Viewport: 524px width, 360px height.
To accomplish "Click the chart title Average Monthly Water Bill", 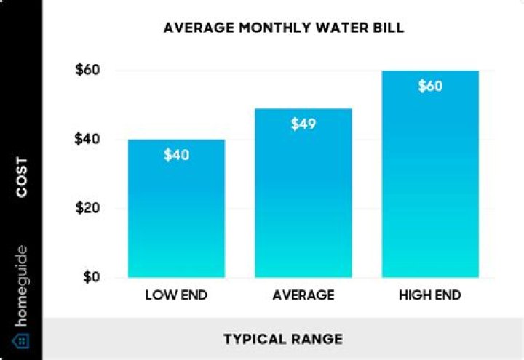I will point(283,29).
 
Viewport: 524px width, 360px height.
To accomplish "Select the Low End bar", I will point(177,218).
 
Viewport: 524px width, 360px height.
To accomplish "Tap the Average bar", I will point(303,204).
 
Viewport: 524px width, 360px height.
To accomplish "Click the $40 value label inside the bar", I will point(177,155).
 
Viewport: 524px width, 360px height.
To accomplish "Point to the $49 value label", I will point(303,124).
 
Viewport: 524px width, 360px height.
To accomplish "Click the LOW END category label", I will point(177,296).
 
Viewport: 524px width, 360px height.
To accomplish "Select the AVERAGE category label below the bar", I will point(303,296).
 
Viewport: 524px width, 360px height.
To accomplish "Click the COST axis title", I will point(22,177).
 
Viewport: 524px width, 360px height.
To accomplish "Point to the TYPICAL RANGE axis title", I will point(283,340).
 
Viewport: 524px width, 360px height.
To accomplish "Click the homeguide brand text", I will point(22,285).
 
